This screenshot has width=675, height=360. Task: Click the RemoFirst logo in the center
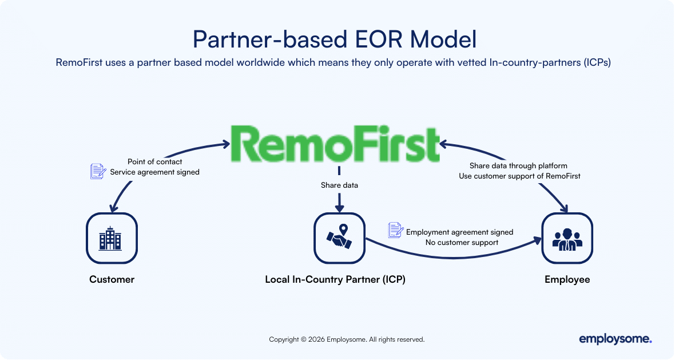pos(336,144)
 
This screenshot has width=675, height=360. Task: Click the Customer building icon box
pos(112,238)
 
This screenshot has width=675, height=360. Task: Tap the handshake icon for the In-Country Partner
pos(339,238)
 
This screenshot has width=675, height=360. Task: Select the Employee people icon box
pos(567,238)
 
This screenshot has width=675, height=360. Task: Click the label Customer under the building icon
pos(112,280)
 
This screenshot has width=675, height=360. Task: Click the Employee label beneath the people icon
pos(567,280)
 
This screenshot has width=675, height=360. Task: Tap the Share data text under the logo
pos(339,185)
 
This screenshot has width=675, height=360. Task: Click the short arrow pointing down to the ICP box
pos(339,202)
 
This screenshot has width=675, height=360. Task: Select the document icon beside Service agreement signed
pos(98,171)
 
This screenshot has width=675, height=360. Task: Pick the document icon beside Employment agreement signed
pos(395,230)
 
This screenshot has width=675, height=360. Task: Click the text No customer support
pos(462,243)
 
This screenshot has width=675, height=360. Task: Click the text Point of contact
pos(154,162)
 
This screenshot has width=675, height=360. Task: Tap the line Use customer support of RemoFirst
pos(519,176)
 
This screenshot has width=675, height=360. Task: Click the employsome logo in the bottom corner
pos(615,339)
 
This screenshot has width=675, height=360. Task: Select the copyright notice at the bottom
pos(347,339)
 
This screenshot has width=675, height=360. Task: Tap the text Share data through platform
pos(518,166)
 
